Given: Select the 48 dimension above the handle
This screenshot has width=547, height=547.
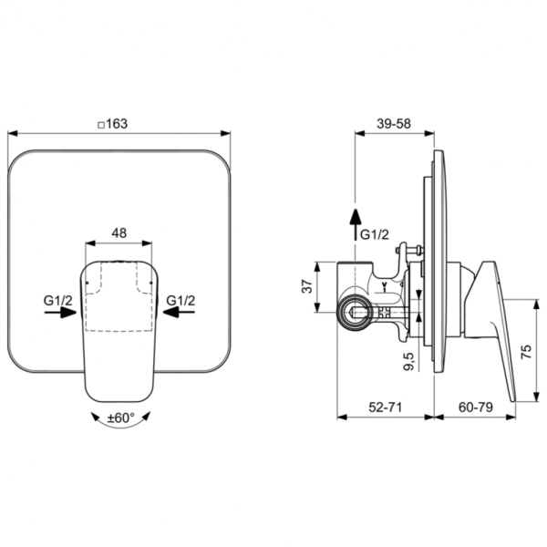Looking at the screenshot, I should (119, 233).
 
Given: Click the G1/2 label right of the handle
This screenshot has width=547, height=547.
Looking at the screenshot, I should (180, 299).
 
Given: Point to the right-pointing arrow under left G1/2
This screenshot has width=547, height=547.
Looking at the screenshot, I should (60, 313).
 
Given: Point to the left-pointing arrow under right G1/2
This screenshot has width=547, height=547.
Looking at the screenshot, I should (179, 313).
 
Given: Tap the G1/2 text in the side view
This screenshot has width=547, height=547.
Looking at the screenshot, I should (376, 234).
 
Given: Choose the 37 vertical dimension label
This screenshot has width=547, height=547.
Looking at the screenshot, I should (307, 286).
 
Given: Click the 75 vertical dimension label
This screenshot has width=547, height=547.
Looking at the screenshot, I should (528, 353).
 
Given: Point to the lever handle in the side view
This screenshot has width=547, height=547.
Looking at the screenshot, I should (492, 319).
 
